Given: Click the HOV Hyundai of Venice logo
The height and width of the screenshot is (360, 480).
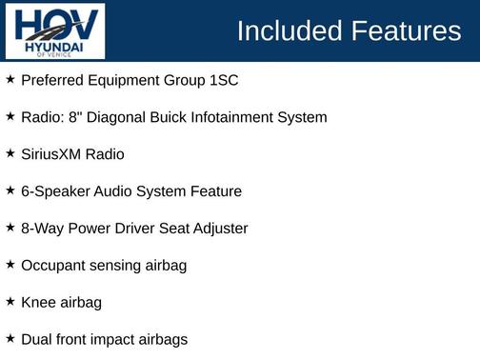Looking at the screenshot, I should pyautogui.click(x=54, y=31).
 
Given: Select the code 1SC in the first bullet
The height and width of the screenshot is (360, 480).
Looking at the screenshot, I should pyautogui.click(x=223, y=80).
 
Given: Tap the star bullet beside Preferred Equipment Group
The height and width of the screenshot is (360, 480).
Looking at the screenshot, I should pyautogui.click(x=10, y=79).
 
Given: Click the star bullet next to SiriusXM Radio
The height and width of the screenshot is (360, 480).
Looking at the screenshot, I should pyautogui.click(x=10, y=153).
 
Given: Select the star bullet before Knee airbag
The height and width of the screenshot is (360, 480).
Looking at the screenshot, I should pyautogui.click(x=10, y=302).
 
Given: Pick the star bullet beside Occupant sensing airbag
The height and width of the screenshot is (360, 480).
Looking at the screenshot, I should pyautogui.click(x=10, y=265).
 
